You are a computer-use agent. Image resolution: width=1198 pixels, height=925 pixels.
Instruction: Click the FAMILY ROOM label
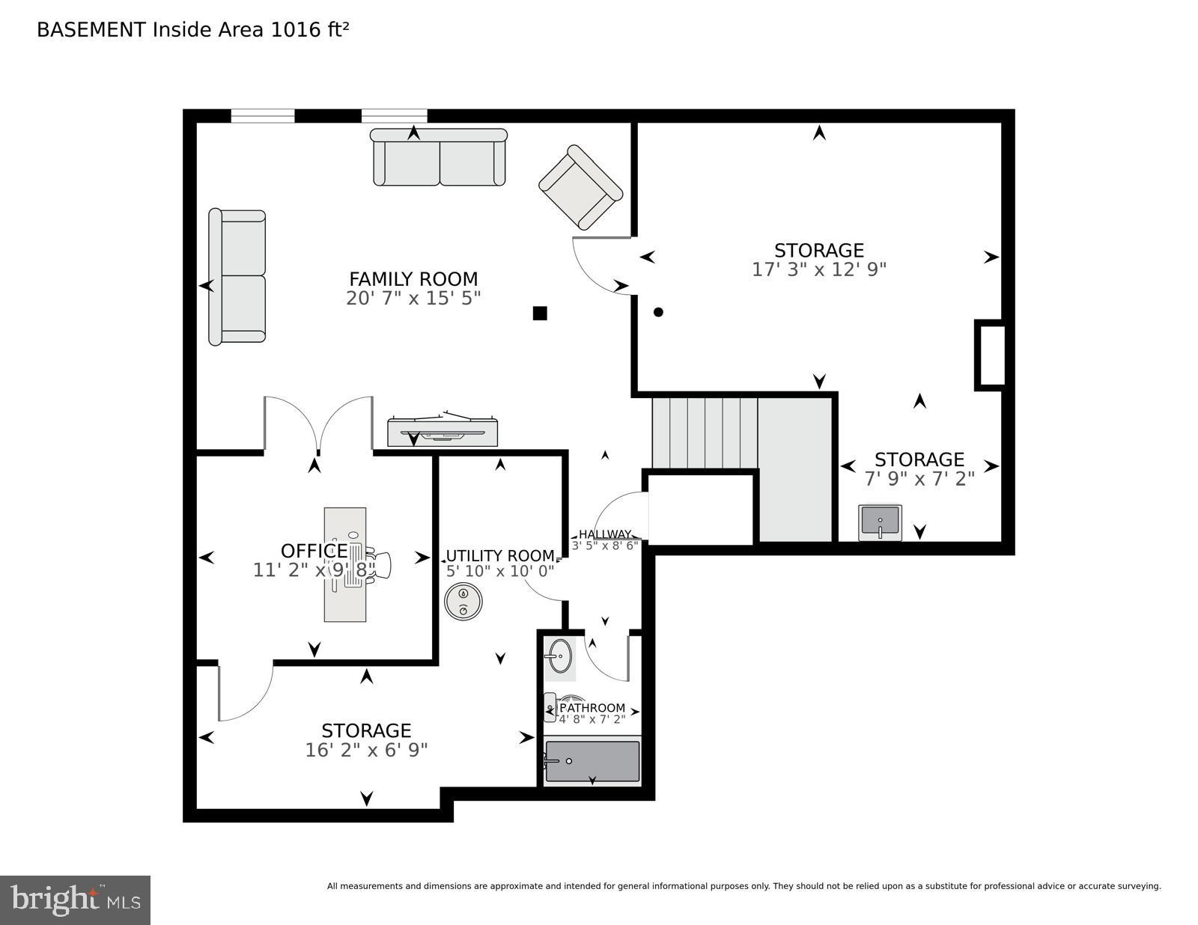point(413,279)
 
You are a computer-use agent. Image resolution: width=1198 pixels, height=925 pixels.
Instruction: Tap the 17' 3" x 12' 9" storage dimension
point(819,269)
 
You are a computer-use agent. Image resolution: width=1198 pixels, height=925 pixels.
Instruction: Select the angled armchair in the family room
point(580,187)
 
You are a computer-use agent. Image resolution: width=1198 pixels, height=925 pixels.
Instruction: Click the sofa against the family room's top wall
point(440,157)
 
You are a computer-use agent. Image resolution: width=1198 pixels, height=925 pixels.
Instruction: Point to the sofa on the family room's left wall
point(237,277)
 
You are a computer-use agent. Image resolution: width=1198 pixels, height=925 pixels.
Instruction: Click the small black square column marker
point(540,314)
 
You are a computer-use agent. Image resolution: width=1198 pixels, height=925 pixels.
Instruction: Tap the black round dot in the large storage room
point(658,312)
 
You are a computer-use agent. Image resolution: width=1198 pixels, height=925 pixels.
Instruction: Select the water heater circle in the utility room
point(463,602)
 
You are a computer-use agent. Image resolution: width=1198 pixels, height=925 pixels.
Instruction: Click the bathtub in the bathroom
point(592,761)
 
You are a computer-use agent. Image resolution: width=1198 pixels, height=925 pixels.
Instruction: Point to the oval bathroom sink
point(559,656)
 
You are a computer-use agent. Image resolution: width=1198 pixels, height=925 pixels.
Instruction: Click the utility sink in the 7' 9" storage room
point(880,522)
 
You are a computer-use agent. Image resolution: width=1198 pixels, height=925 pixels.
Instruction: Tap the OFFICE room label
point(314,552)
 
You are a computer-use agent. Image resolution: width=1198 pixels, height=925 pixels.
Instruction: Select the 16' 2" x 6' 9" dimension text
point(366,750)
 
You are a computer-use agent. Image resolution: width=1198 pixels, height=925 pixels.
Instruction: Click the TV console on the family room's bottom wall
point(442,433)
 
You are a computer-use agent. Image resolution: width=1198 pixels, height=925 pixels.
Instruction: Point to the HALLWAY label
point(604,534)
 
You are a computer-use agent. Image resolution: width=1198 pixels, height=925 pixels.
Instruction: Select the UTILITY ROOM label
point(500,556)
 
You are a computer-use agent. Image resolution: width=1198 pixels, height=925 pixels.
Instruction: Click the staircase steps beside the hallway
point(704,433)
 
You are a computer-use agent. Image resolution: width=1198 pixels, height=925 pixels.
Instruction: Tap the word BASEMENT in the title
point(91,30)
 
